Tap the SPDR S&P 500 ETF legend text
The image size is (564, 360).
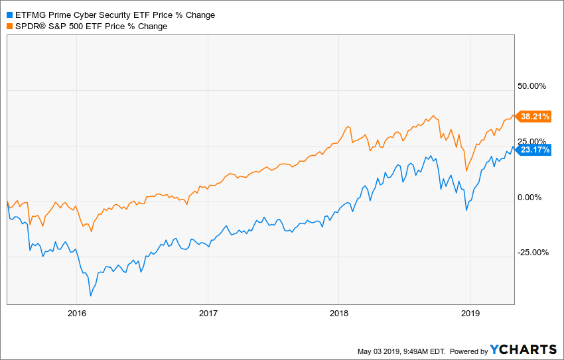click(x=91, y=26)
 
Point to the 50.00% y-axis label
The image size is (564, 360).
click(x=532, y=86)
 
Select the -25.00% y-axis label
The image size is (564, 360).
click(x=532, y=252)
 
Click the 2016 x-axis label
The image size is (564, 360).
click(x=77, y=313)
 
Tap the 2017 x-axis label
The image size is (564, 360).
click(x=208, y=313)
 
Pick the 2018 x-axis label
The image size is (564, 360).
click(x=338, y=313)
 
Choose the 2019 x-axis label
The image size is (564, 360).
click(x=470, y=313)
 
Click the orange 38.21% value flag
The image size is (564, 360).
click(x=535, y=117)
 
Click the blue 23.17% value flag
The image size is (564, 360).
click(x=535, y=150)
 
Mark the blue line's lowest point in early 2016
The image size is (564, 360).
click(x=91, y=296)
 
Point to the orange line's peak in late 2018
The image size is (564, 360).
click(x=433, y=115)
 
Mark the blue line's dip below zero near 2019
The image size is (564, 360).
click(x=466, y=210)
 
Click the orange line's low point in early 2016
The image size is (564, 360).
click(x=91, y=231)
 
